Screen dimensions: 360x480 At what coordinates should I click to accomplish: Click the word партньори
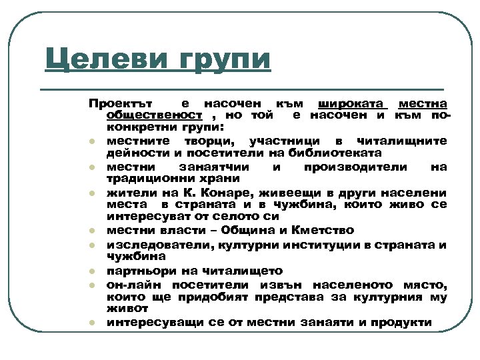[136, 271]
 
